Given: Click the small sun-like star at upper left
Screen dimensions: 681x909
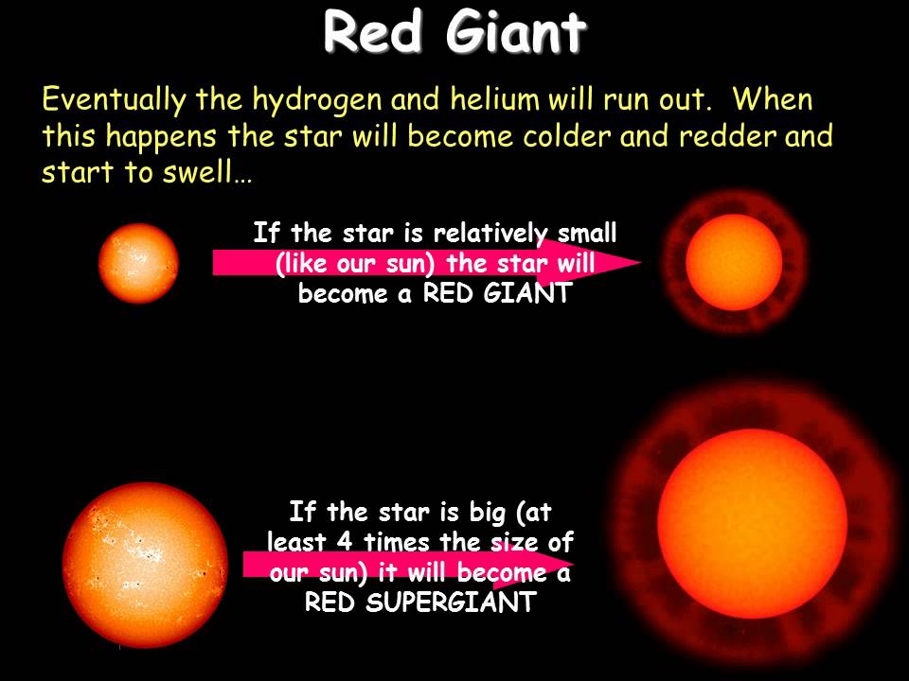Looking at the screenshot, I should click(138, 263).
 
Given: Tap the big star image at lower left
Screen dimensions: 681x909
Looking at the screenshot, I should click(145, 565).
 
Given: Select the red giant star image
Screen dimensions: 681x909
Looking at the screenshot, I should click(734, 261).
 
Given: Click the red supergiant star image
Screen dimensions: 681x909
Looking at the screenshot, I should click(752, 526).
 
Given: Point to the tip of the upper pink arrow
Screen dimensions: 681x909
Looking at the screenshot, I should click(641, 263).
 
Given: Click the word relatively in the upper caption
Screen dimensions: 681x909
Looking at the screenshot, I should click(490, 233).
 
